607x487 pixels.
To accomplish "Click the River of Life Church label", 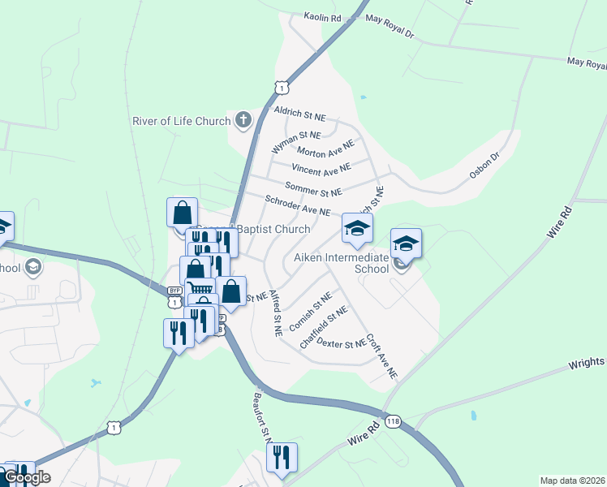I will (x=182, y=122).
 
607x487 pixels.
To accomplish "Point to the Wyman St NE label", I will (x=296, y=144).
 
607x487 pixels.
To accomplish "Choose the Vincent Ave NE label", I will (x=321, y=170).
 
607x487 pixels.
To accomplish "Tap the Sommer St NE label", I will (x=313, y=191).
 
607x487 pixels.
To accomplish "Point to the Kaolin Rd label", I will (x=323, y=16).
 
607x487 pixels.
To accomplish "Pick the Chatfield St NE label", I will (x=324, y=327).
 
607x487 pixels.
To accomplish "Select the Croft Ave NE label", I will (x=381, y=356).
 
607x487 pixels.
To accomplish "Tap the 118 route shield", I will (x=394, y=421).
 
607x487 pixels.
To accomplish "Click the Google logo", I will (x=28, y=477).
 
